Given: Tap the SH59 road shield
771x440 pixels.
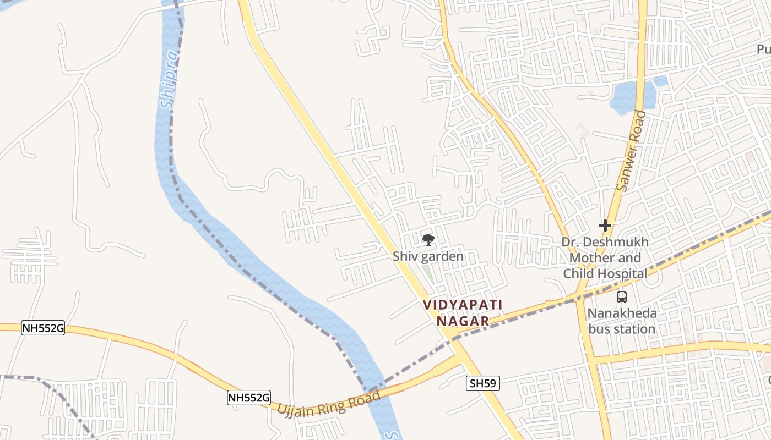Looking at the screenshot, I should pos(483,383).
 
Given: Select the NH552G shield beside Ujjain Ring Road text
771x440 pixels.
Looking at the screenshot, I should pos(249,397).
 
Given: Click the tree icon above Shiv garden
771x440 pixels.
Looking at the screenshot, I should pos(428,239).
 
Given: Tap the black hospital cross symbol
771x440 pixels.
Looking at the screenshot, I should pos(605,225).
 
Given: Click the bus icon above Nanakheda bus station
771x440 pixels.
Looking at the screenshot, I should pos(622,297).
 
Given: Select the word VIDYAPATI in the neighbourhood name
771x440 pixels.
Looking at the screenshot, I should pos(455,305).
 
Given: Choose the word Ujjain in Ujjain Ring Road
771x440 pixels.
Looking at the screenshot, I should pos(297,408).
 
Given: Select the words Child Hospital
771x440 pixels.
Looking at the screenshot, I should pos(605,274).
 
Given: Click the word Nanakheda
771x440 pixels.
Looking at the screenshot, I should pos(622,314).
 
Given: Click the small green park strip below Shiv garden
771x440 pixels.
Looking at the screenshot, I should pos(427,273).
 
